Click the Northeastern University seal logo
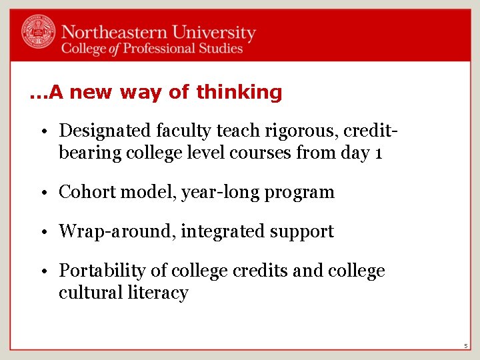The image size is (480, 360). (39, 32)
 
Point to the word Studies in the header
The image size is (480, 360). (219, 49)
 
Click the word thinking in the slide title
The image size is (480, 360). (239, 92)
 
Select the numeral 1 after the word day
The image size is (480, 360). (378, 153)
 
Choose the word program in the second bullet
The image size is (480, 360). (299, 193)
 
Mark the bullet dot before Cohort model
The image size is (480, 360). (49, 193)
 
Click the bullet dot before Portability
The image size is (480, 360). (49, 271)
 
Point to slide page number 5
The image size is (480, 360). (467, 346)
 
